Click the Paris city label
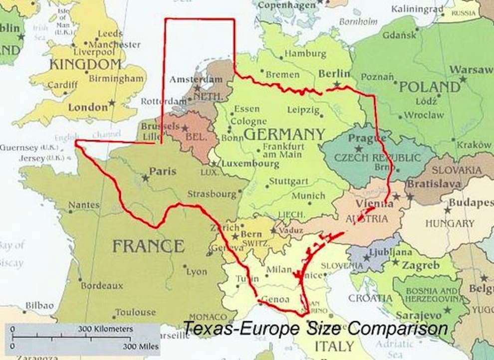(163, 171)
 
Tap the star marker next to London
(111, 103)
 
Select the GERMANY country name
(284, 134)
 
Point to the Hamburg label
(306, 53)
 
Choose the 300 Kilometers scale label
(105, 329)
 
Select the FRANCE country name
(148, 246)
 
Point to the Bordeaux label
(102, 286)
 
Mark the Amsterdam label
(196, 79)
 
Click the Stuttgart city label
(286, 181)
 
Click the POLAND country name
(430, 87)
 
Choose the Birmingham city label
(116, 78)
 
